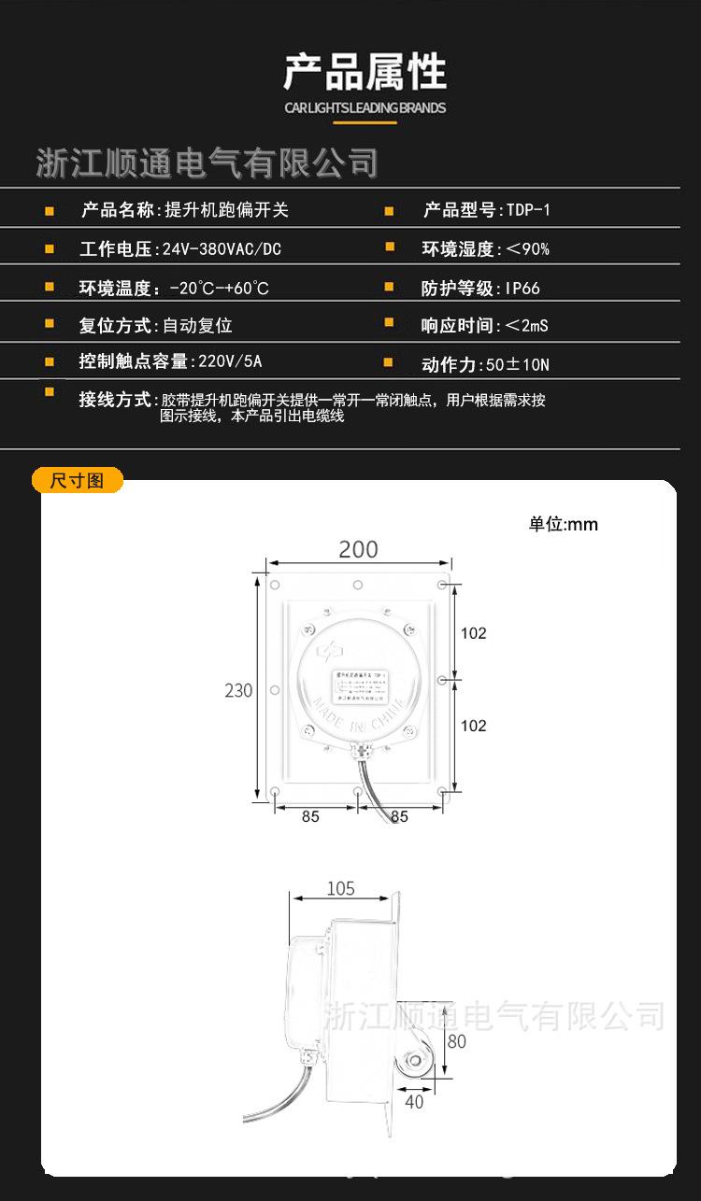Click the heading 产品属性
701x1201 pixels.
pos(365,72)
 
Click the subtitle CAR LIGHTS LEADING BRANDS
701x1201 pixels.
pos(365,107)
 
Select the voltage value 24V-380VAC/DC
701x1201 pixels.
pos(222,249)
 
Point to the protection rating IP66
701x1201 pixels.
pos(522,289)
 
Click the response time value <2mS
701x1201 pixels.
pos(526,326)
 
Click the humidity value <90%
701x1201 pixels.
pos(527,249)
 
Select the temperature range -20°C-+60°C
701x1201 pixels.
pos(219,289)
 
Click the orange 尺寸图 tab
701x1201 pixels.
pos(77,481)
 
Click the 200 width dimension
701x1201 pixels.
pos(358,549)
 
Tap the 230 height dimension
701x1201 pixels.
pos(238,691)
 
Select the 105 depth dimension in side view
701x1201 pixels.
pos(340,888)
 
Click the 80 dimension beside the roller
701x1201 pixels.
pos(456,1041)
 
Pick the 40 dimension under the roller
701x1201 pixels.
pos(413,1102)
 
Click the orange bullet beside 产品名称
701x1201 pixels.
pos(50,210)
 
